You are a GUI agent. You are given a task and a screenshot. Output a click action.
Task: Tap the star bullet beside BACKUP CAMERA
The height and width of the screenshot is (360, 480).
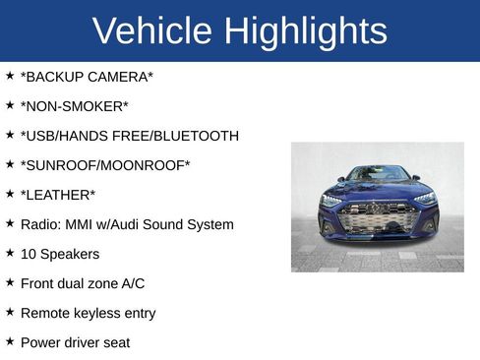pos(10,76)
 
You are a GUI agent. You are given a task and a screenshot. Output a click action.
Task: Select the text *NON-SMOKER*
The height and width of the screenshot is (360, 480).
pos(74,106)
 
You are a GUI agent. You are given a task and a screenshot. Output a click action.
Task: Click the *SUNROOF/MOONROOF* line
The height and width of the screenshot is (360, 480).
pos(105,165)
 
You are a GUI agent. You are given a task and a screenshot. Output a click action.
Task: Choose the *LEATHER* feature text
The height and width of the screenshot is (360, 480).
pos(58,195)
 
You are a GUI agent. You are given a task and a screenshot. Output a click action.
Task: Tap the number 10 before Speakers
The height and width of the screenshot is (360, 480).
pos(29,254)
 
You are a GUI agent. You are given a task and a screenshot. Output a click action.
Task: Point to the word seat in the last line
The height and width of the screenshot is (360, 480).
pos(115,342)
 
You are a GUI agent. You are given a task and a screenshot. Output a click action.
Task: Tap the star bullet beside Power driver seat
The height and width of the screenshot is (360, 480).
pos(10,341)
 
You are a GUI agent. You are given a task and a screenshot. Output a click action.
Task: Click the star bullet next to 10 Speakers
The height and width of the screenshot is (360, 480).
pos(10,253)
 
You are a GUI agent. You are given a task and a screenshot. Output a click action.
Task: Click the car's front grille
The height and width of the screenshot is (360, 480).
pos(377,217)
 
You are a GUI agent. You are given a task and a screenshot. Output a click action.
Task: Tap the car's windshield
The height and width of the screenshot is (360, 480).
pos(378,174)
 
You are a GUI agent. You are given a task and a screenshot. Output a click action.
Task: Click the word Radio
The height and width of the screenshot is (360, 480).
pos(39,224)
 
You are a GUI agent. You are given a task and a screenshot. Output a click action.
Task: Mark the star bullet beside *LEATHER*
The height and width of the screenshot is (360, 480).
pos(10,194)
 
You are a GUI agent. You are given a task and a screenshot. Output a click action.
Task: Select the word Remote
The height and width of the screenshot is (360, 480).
pos(45,313)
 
